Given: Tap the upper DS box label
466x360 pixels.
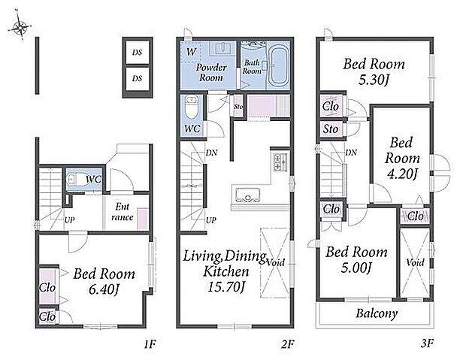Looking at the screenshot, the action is click(137, 53).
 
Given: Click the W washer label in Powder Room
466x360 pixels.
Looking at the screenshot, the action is click(191, 52).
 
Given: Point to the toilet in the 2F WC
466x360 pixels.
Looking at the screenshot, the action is click(192, 107).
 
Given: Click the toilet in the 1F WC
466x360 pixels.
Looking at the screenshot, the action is click(77, 180).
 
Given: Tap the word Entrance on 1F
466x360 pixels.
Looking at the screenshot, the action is click(123, 212).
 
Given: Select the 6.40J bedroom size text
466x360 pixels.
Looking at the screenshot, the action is click(104, 289).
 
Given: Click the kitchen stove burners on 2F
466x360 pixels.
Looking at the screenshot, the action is click(280, 162).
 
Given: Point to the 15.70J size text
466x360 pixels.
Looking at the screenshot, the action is click(226, 287).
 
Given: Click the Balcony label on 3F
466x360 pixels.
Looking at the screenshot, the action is click(377, 313).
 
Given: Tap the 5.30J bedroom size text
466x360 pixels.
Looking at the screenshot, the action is click(374, 80).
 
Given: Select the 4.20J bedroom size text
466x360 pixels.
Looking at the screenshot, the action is click(401, 174).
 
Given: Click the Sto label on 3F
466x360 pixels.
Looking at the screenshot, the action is click(331, 129).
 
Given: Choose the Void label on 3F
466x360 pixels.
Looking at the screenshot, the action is click(415, 262).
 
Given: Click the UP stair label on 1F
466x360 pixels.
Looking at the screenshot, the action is click(70, 220).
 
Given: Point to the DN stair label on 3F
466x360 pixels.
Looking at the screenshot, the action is click(351, 153).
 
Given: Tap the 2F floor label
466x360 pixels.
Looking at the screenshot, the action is click(287, 344).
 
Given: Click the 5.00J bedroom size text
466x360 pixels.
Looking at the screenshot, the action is click(356, 268).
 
